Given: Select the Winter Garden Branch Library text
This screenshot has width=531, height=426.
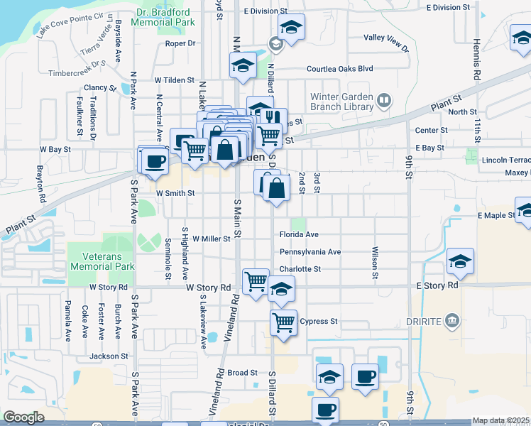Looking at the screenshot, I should [x=341, y=102].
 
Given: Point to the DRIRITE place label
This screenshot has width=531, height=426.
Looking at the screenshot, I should [x=424, y=322].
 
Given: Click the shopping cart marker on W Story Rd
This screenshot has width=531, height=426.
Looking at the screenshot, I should [x=256, y=280].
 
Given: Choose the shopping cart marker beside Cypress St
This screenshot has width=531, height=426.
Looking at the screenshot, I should [x=283, y=322].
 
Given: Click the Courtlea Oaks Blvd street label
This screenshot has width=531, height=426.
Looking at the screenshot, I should [x=339, y=69].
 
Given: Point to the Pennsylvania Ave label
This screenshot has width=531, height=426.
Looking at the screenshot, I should [x=310, y=252].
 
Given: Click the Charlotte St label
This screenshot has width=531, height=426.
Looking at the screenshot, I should [x=300, y=269].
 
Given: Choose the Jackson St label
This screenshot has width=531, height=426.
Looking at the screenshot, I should [x=109, y=356].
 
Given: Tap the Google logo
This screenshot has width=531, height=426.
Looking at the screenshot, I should [x=23, y=417].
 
